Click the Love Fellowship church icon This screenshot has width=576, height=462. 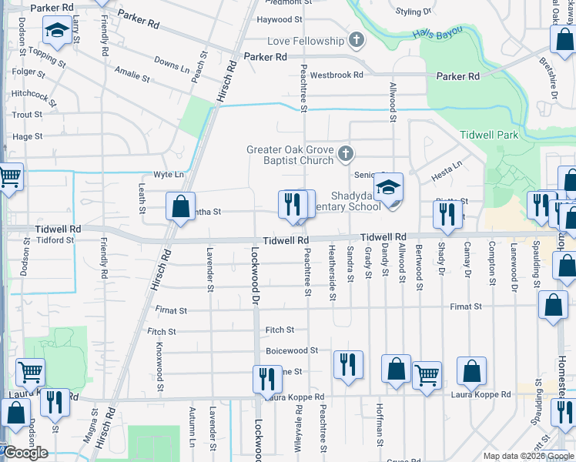point(356,40)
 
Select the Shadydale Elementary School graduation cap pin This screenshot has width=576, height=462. point(389,189)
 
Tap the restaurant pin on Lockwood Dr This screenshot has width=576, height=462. point(267,379)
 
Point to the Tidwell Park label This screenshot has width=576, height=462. point(489,135)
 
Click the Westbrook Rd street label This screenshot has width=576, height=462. point(337,75)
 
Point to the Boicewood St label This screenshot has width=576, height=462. point(292,350)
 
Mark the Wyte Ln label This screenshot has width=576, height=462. point(169,175)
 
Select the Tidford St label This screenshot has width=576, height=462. point(54,240)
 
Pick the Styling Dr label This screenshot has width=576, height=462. point(413,12)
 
